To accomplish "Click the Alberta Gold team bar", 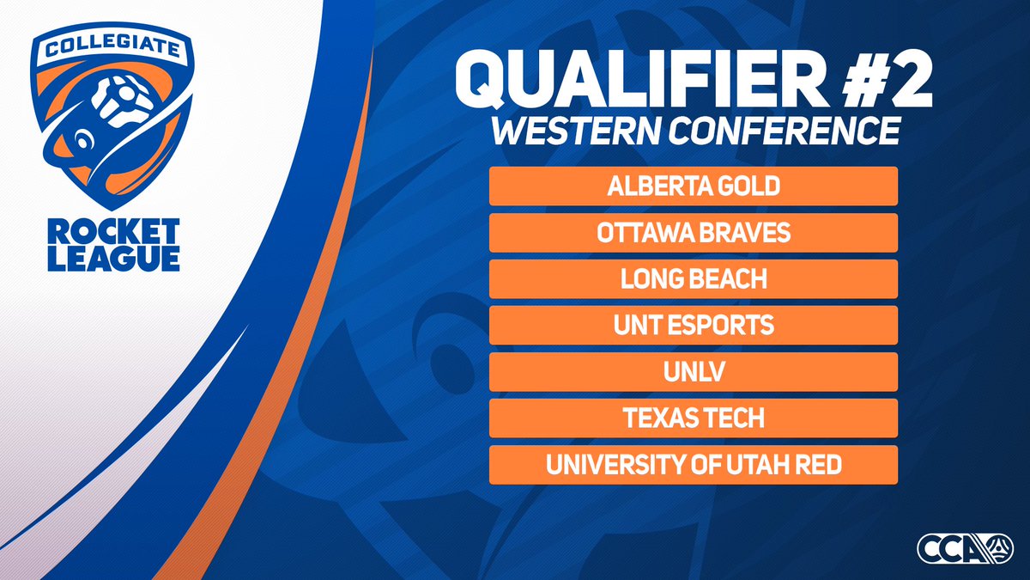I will pos(693,186).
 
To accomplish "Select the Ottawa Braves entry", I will pos(693,233).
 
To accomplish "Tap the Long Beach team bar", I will pos(693,279).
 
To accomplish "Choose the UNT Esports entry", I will pos(693,326).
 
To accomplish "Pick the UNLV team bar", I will pos(693,372).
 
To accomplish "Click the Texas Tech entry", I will pos(693,418).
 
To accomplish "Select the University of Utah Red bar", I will pos(693,465).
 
